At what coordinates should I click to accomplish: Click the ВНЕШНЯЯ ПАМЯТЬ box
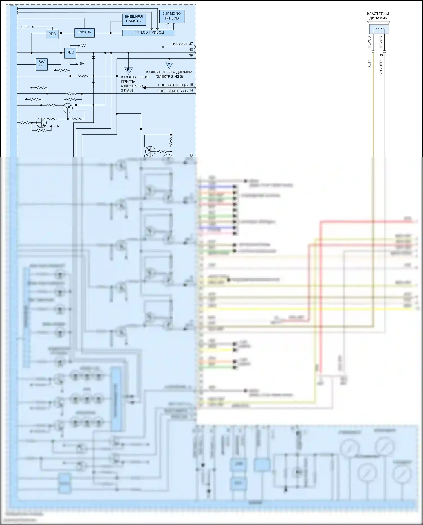[134, 19]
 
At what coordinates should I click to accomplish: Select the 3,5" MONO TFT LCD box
[171, 16]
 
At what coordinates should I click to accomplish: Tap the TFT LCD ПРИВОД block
[148, 32]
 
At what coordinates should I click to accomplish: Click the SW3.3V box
[84, 32]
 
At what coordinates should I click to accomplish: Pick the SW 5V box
[41, 64]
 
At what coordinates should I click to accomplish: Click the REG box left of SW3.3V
[52, 34]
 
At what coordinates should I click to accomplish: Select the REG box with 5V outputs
[70, 52]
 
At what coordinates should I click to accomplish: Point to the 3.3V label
[25, 27]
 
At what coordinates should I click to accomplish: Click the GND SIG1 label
[179, 44]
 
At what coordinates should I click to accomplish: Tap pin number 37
[191, 44]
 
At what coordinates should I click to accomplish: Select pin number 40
[191, 50]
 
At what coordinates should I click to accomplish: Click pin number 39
[191, 56]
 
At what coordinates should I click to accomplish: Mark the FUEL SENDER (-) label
[173, 85]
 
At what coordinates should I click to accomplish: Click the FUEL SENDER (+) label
[172, 91]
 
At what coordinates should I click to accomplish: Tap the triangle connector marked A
[169, 65]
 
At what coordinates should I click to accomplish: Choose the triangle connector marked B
[128, 70]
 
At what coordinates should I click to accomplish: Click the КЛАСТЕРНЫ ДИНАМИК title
[378, 16]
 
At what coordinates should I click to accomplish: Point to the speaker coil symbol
[378, 30]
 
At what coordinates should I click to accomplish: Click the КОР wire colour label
[369, 64]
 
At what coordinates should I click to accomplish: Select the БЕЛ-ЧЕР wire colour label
[381, 69]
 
